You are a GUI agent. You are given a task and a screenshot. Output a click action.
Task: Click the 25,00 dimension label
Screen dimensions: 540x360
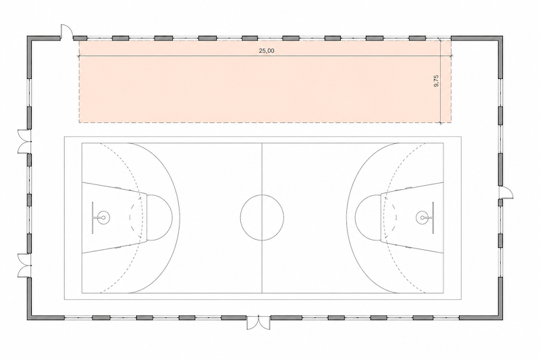click(x=267, y=51)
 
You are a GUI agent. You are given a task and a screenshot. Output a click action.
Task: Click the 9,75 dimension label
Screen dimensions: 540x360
click(x=436, y=80)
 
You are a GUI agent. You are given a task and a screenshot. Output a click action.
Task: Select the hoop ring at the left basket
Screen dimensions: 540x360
click(x=103, y=217)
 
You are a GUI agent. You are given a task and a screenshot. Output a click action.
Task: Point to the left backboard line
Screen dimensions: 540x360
click(x=92, y=217)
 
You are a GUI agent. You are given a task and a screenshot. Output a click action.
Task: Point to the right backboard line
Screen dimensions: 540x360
click(x=433, y=217)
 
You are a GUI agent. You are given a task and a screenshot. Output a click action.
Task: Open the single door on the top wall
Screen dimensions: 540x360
click(x=66, y=32)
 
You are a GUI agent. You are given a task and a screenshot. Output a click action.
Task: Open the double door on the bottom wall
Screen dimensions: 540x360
click(x=259, y=323)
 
